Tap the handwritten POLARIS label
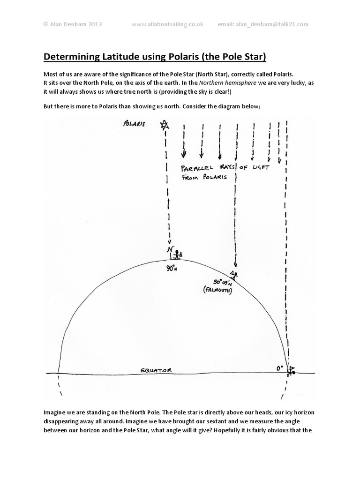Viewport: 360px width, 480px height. click(x=134, y=125)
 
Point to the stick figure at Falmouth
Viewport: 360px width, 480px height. click(x=234, y=274)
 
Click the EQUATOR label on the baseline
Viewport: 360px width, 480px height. click(x=156, y=370)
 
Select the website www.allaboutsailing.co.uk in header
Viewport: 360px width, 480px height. click(x=167, y=24)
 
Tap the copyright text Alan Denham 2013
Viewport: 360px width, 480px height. click(x=75, y=24)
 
